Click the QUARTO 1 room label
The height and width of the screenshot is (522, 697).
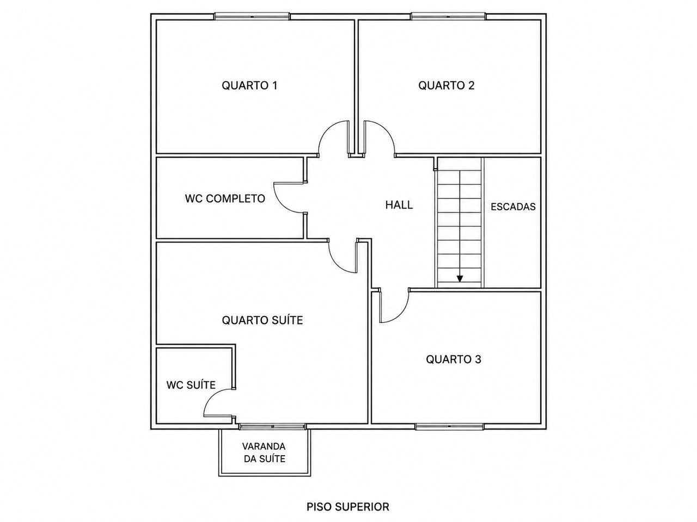pos(249,85)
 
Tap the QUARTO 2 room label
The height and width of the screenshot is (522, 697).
pos(446,85)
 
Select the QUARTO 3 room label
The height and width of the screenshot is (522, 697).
pos(453,359)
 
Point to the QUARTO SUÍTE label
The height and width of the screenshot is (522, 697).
pos(262,320)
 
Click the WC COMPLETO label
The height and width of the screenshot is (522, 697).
pos(225,198)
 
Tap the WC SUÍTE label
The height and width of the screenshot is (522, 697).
pos(191,385)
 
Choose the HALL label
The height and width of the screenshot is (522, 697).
pos(399,205)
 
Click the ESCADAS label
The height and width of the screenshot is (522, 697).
pos(513,207)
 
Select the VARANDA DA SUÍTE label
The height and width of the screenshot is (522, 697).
pos(264,452)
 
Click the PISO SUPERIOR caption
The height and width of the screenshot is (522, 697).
pos(348,507)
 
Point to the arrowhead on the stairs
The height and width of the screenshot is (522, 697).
pos(460,278)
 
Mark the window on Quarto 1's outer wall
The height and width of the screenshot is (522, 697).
pos(252,16)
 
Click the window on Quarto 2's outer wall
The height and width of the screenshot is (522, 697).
pos(448,16)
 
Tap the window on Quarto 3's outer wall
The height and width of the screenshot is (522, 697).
pos(450,427)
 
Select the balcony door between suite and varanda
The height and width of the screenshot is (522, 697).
pos(272,427)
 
